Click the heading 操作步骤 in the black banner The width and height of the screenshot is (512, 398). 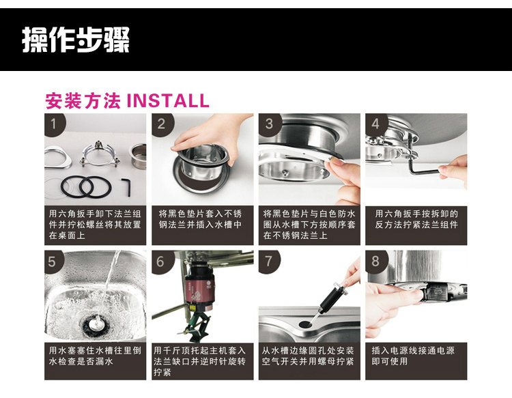[x=76, y=40]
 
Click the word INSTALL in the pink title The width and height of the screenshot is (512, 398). [x=167, y=100]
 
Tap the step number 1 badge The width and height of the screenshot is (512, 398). [x=54, y=124]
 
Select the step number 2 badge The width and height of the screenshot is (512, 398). [x=161, y=124]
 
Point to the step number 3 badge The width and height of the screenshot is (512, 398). [x=269, y=124]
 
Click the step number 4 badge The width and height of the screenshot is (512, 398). [x=375, y=124]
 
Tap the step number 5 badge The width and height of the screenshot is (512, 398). [x=53, y=261]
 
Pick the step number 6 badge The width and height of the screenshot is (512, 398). [x=160, y=261]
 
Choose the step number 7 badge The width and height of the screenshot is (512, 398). [x=268, y=261]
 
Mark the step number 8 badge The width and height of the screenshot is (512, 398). [x=375, y=261]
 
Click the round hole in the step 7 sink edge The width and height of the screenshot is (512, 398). [x=305, y=324]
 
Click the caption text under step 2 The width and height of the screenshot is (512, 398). [x=200, y=219]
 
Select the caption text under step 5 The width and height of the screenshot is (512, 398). [x=95, y=356]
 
